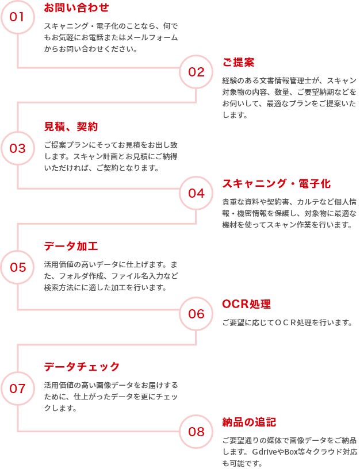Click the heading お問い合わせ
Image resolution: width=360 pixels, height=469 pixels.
pyautogui.click(x=76, y=7)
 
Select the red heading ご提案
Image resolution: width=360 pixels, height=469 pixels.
pyautogui.click(x=239, y=62)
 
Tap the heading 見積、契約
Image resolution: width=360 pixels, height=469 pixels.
pyautogui.click(x=71, y=126)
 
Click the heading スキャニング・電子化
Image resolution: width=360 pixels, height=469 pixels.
pyautogui.click(x=277, y=183)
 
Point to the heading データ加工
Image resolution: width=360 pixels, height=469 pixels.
pyautogui.click(x=71, y=246)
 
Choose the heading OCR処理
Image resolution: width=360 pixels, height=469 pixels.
pyautogui.click(x=247, y=304)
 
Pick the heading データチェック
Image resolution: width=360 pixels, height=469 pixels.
pyautogui.click(x=82, y=367)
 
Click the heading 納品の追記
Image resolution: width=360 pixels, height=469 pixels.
pyautogui.click(x=249, y=422)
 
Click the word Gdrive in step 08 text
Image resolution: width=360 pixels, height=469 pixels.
pyautogui.click(x=264, y=452)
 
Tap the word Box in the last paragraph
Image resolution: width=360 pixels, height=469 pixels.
pyautogui.click(x=290, y=452)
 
